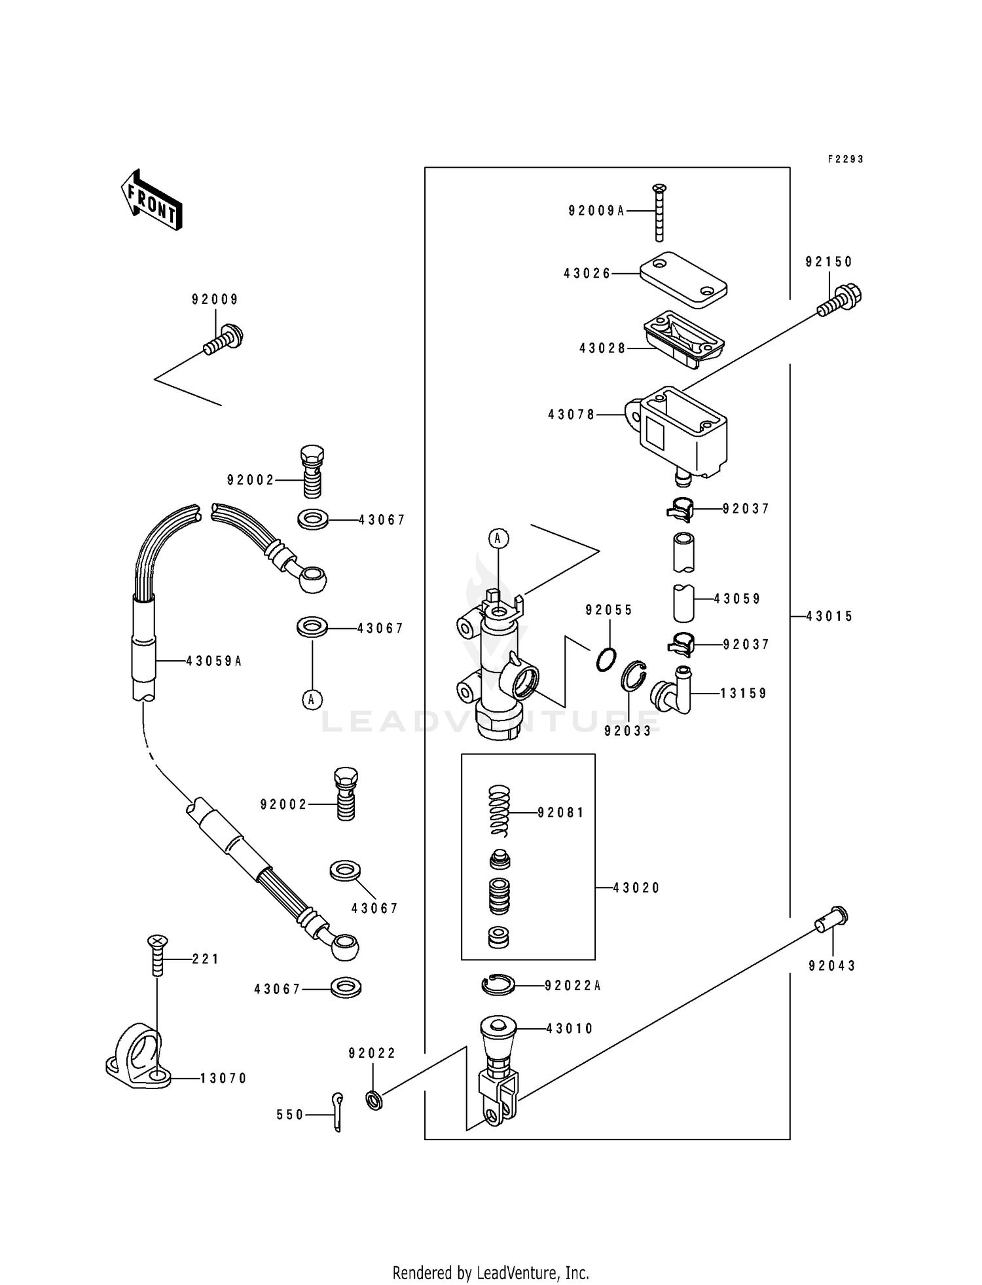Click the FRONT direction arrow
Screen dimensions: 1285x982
click(x=151, y=201)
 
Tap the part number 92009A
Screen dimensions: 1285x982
click(x=596, y=211)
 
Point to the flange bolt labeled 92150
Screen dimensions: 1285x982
click(x=840, y=301)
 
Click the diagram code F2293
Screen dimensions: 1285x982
click(x=845, y=159)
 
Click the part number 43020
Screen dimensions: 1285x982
click(x=636, y=888)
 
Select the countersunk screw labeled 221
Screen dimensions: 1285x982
click(x=157, y=956)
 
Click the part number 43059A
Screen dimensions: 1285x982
click(x=214, y=661)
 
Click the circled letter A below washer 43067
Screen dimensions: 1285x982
click(x=312, y=699)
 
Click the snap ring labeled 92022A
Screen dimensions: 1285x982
click(x=499, y=984)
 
